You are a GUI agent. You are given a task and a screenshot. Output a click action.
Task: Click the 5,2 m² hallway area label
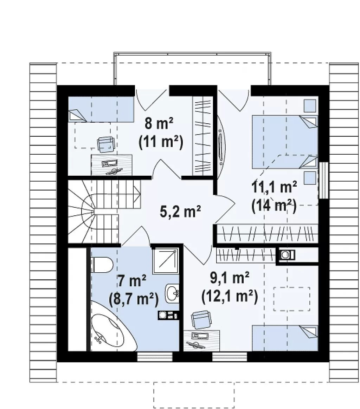point(180,212)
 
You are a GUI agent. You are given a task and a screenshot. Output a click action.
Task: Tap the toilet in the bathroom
point(102,265)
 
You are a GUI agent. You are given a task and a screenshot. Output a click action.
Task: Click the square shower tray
point(166,261)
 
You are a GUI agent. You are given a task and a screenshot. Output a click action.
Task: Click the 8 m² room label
point(159,123)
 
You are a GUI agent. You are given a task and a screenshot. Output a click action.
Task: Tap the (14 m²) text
point(274,206)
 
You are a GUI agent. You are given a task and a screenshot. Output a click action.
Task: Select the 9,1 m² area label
point(230,279)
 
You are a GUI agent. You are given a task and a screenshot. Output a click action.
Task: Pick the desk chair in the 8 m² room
point(106,144)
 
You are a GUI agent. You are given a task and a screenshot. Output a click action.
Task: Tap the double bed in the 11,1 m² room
point(284,142)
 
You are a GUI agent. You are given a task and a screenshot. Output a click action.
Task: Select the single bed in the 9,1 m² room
point(285,338)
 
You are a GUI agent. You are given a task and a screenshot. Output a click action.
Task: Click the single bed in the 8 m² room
point(101,110)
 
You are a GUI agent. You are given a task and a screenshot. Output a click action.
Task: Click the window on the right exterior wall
point(324,180)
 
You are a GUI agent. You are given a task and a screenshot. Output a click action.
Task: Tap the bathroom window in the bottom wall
point(155,357)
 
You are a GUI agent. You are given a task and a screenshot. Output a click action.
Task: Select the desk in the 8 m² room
point(111,165)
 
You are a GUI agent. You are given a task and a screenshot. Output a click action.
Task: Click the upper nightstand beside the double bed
point(310,106)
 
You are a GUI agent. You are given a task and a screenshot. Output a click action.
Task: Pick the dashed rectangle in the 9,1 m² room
point(292,299)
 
